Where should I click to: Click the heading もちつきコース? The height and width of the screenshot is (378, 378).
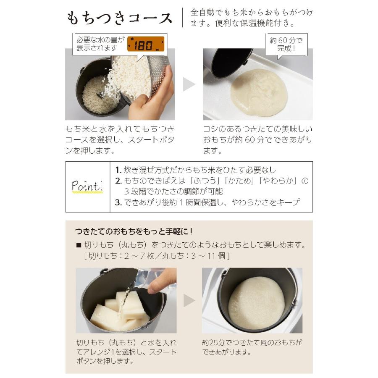pos(119,18)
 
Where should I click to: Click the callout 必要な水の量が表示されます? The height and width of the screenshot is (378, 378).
pos(100,44)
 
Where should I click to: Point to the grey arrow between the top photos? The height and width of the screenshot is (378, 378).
pos(189,84)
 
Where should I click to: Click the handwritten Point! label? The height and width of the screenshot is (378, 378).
pos(87,186)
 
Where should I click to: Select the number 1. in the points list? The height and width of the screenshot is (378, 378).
pos(118,171)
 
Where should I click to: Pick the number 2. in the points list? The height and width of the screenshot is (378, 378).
pos(118,181)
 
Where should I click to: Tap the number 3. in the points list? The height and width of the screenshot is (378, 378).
pos(118,202)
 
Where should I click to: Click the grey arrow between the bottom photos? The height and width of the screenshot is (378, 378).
pos(189,300)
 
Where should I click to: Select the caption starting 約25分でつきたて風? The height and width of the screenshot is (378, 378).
pos(252,347)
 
